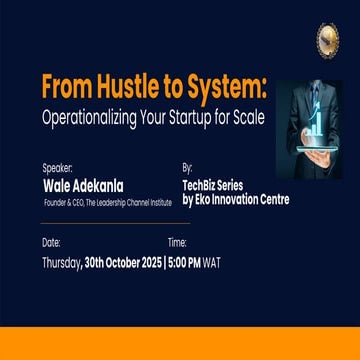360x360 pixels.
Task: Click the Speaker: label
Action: [x=57, y=168]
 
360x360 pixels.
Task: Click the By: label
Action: [x=187, y=168]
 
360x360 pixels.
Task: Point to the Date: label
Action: [x=51, y=242]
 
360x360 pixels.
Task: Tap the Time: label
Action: [x=177, y=242]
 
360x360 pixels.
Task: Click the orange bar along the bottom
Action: [x=180, y=342]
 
